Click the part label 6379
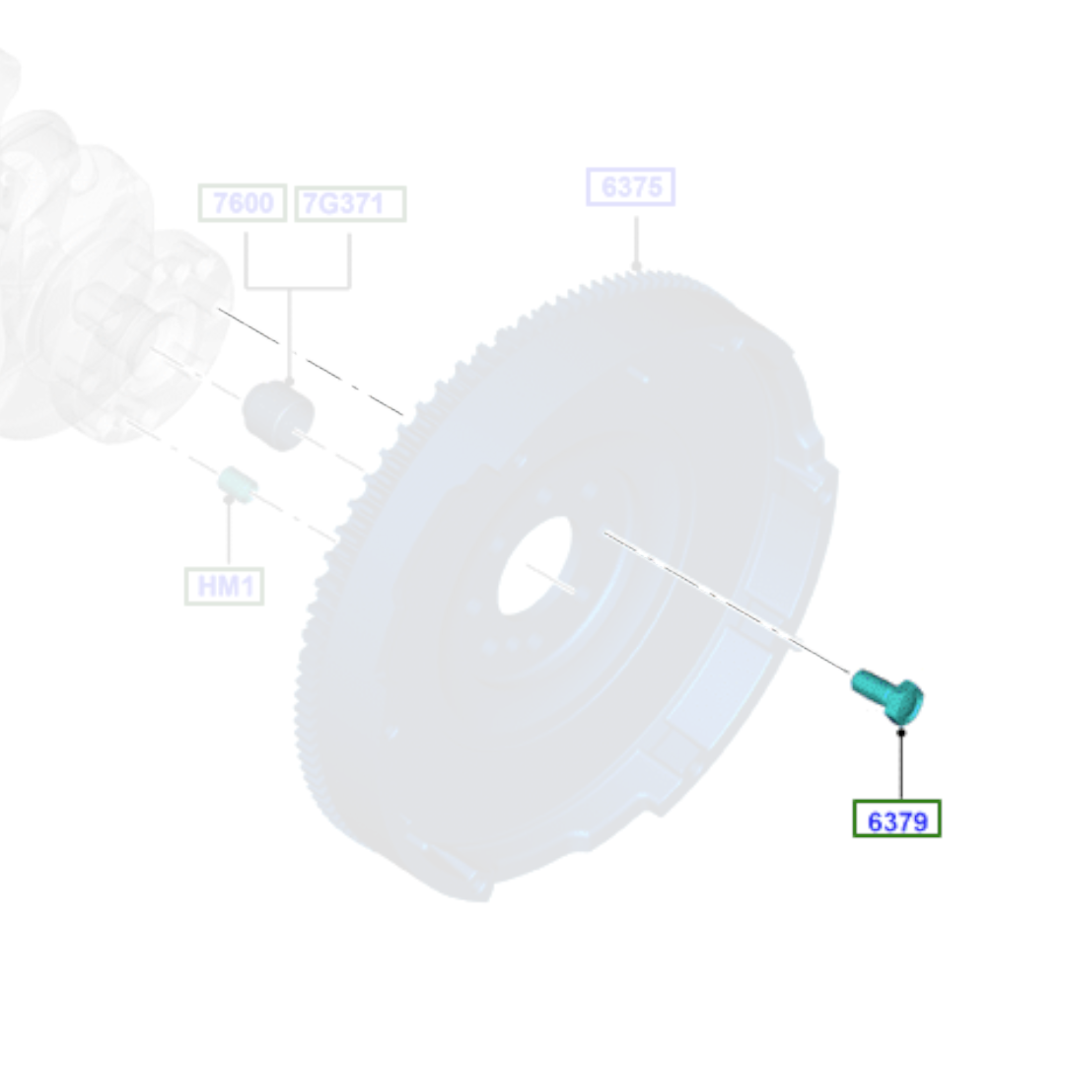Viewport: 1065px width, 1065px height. pyautogui.click(x=896, y=819)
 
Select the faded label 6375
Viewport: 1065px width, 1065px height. pyautogui.click(x=630, y=186)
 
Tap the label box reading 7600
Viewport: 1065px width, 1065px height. pyautogui.click(x=243, y=202)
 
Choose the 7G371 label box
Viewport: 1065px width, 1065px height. pyautogui.click(x=350, y=203)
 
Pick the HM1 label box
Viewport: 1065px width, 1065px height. pyautogui.click(x=224, y=586)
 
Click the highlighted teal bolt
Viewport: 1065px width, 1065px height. pyautogui.click(x=887, y=695)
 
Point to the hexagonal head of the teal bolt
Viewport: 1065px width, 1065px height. pyautogui.click(x=904, y=702)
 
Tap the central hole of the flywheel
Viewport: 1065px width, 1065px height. pyautogui.click(x=534, y=566)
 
